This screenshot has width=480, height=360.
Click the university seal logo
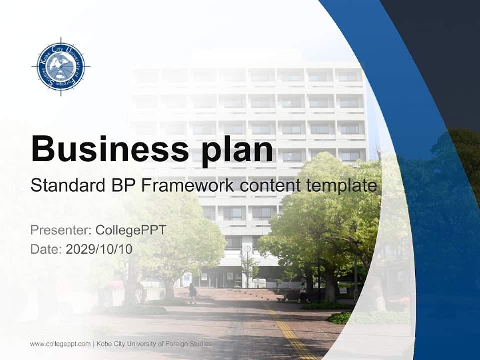click(61, 66)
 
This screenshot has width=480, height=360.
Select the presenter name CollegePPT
click(131, 230)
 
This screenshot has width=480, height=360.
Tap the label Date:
click(46, 249)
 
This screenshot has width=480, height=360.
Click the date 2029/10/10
click(99, 249)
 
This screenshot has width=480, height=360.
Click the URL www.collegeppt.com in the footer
click(60, 344)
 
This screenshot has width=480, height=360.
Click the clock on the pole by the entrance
click(247, 249)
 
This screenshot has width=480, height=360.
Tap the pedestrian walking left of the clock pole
click(192, 292)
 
